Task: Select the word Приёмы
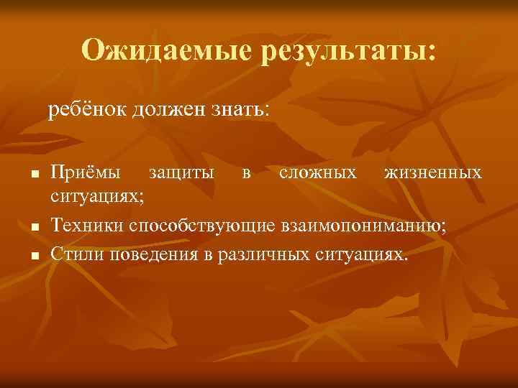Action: pyautogui.click(x=86, y=173)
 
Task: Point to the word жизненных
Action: pyautogui.click(x=433, y=173)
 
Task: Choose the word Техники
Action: pyautogui.click(x=86, y=227)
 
